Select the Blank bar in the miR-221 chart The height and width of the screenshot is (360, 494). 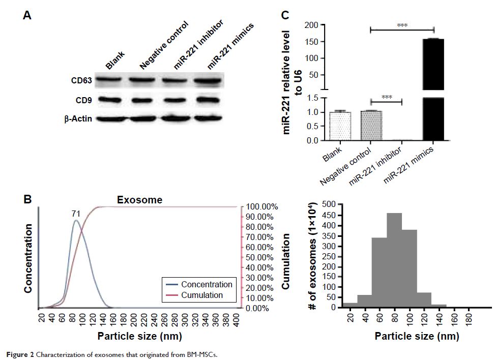click(340, 126)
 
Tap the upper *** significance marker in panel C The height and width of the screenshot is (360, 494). click(402, 25)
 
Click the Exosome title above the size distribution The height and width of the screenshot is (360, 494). click(139, 200)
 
